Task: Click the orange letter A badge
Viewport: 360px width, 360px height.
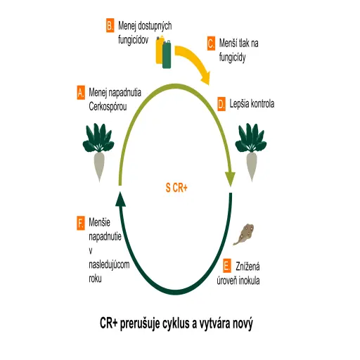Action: [81, 93]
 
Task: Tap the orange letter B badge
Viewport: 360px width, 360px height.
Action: [110, 25]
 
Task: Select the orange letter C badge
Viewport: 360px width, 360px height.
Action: [211, 44]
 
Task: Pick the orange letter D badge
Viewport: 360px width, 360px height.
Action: [221, 104]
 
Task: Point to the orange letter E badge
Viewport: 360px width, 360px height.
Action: [227, 266]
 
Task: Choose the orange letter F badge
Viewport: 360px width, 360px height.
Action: [81, 224]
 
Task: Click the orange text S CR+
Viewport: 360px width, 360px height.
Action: [176, 188]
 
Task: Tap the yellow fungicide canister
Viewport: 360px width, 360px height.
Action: [160, 50]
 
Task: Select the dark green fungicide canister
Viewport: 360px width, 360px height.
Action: [167, 54]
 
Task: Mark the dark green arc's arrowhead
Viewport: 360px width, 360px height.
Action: [120, 199]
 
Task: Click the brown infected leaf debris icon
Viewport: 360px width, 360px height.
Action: [244, 234]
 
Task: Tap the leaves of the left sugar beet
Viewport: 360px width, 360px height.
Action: [98, 138]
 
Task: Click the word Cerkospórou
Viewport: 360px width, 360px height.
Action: [108, 107]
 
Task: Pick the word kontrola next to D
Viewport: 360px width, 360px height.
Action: [264, 104]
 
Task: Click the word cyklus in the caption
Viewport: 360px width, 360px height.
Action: [172, 323]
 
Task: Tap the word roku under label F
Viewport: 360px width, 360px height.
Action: [95, 278]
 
